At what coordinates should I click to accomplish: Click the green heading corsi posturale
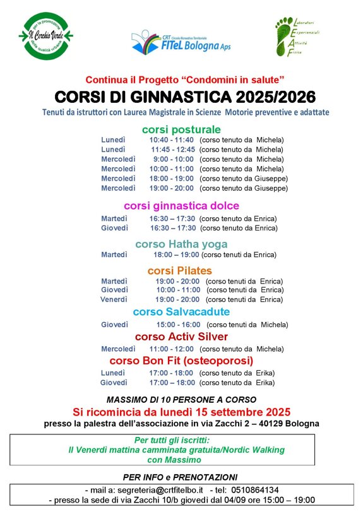181,129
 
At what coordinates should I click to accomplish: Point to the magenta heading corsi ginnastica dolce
181,206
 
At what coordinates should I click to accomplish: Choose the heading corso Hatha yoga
181,244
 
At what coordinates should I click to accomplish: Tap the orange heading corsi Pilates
180,271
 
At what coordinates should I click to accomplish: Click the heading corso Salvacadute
181,312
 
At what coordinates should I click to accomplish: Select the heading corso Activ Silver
181,337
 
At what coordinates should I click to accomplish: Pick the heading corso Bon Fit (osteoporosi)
181,361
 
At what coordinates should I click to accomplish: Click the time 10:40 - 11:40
171,140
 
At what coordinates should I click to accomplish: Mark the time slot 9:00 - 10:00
172,159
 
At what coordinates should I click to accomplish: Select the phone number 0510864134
255,489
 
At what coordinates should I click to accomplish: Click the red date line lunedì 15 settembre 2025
181,411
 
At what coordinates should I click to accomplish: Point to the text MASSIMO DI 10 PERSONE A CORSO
181,399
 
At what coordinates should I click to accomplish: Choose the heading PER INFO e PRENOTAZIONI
181,477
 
